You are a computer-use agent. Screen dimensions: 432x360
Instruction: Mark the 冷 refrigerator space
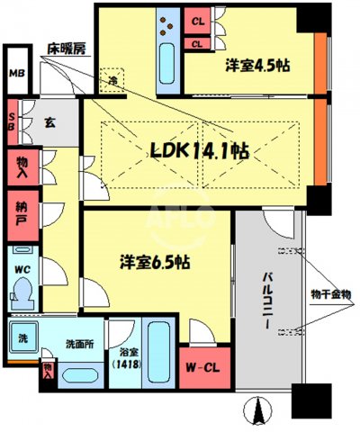114,79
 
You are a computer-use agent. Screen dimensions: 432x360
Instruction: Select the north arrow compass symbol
259,411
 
